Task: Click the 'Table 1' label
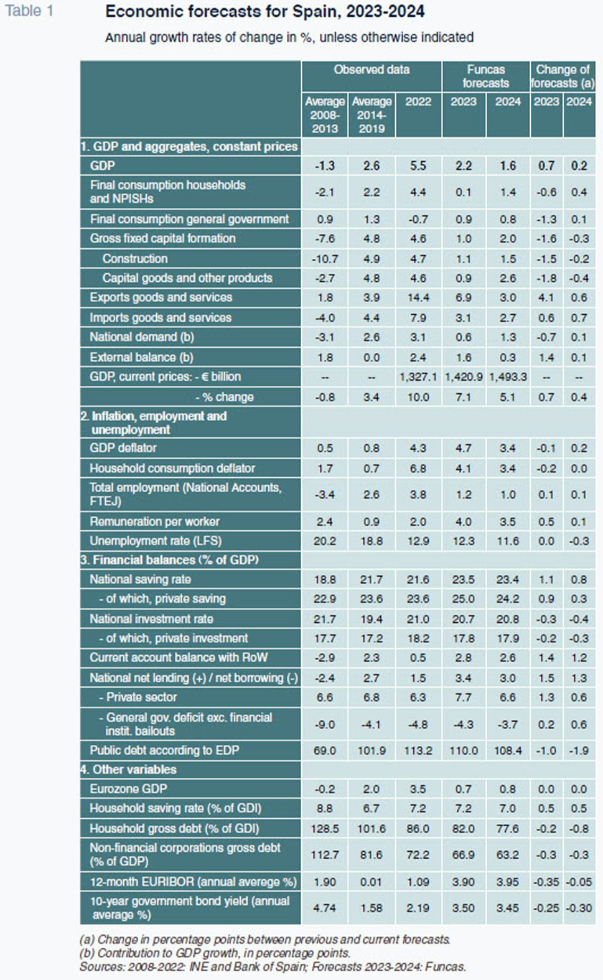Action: (x=29, y=11)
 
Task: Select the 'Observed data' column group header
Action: (x=372, y=70)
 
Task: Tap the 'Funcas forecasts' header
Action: (x=486, y=76)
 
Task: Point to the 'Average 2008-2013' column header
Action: (x=325, y=114)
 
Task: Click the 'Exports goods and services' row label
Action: (x=161, y=297)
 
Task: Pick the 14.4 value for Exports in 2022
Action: (x=418, y=298)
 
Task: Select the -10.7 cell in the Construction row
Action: (x=325, y=259)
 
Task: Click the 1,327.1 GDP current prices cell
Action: (x=418, y=377)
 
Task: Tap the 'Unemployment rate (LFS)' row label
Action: (x=156, y=541)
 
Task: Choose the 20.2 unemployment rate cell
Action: (x=325, y=541)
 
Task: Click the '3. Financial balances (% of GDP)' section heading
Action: (x=169, y=560)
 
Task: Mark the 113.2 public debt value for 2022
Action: (x=418, y=751)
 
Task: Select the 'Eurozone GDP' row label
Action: (x=128, y=789)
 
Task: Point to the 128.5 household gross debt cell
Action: (x=325, y=829)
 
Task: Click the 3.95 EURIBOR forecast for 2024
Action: (x=508, y=882)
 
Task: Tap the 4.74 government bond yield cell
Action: (x=325, y=908)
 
